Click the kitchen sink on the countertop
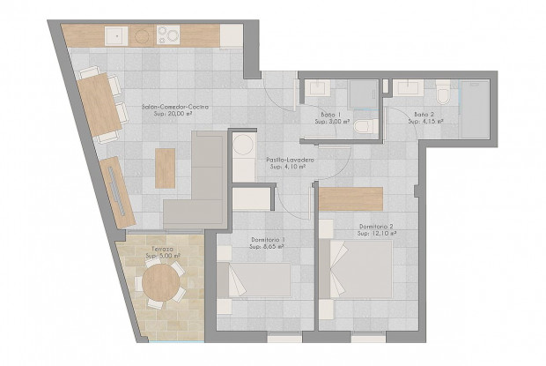[x=116, y=35]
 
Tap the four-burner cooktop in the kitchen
[x=168, y=35]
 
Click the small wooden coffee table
[x=165, y=168]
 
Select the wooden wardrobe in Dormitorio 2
[x=350, y=198]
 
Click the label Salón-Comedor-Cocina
[x=174, y=107]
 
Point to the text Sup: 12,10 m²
[x=378, y=235]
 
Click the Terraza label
[x=160, y=250]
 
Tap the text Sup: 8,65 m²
[x=268, y=247]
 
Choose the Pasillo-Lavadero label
[x=291, y=159]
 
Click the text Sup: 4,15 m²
[x=425, y=122]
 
